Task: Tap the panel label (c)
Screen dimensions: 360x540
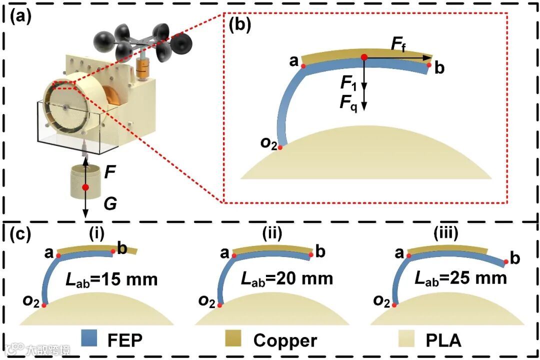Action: (x=21, y=234)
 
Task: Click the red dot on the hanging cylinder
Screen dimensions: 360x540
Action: (x=85, y=187)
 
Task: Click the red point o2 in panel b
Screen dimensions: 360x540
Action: (x=280, y=147)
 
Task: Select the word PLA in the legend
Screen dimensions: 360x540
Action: (x=443, y=340)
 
